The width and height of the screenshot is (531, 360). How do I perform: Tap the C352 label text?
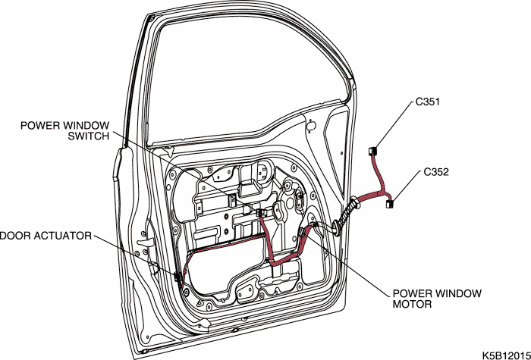(x=435, y=172)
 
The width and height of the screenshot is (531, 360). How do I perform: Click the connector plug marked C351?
(x=373, y=152)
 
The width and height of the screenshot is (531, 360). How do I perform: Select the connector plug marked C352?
(x=391, y=202)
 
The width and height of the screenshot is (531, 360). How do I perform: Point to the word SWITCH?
(x=90, y=136)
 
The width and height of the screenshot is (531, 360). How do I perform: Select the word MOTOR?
(x=413, y=305)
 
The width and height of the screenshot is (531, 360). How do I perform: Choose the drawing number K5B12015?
(x=504, y=353)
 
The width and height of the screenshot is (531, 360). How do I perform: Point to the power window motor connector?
(x=306, y=233)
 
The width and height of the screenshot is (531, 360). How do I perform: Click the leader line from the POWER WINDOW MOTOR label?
(x=349, y=262)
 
